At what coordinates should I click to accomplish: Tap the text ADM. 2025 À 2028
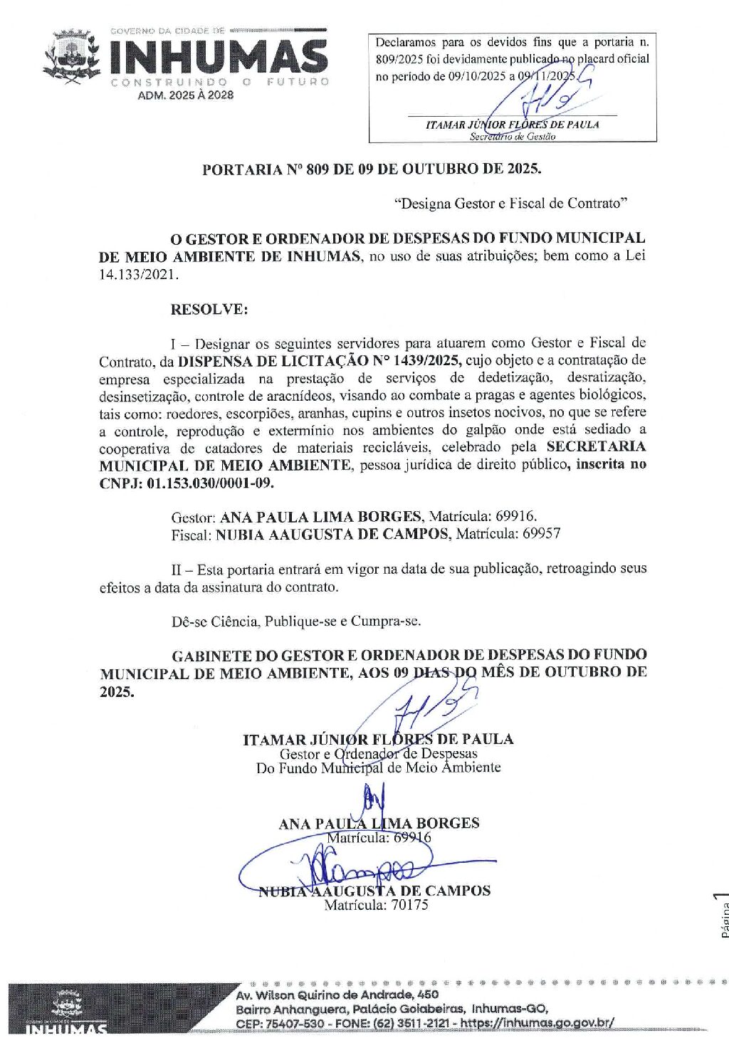(186, 95)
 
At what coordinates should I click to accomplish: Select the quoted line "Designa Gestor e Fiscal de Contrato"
(511, 204)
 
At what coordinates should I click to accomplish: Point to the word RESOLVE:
(209, 310)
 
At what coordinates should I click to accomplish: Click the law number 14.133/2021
(137, 274)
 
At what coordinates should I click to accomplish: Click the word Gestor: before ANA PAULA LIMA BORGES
(193, 517)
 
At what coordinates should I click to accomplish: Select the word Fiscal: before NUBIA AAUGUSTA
(191, 534)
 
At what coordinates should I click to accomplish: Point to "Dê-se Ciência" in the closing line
(215, 622)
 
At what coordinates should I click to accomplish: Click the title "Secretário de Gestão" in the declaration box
(512, 136)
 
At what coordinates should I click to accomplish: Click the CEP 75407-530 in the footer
(280, 1023)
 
